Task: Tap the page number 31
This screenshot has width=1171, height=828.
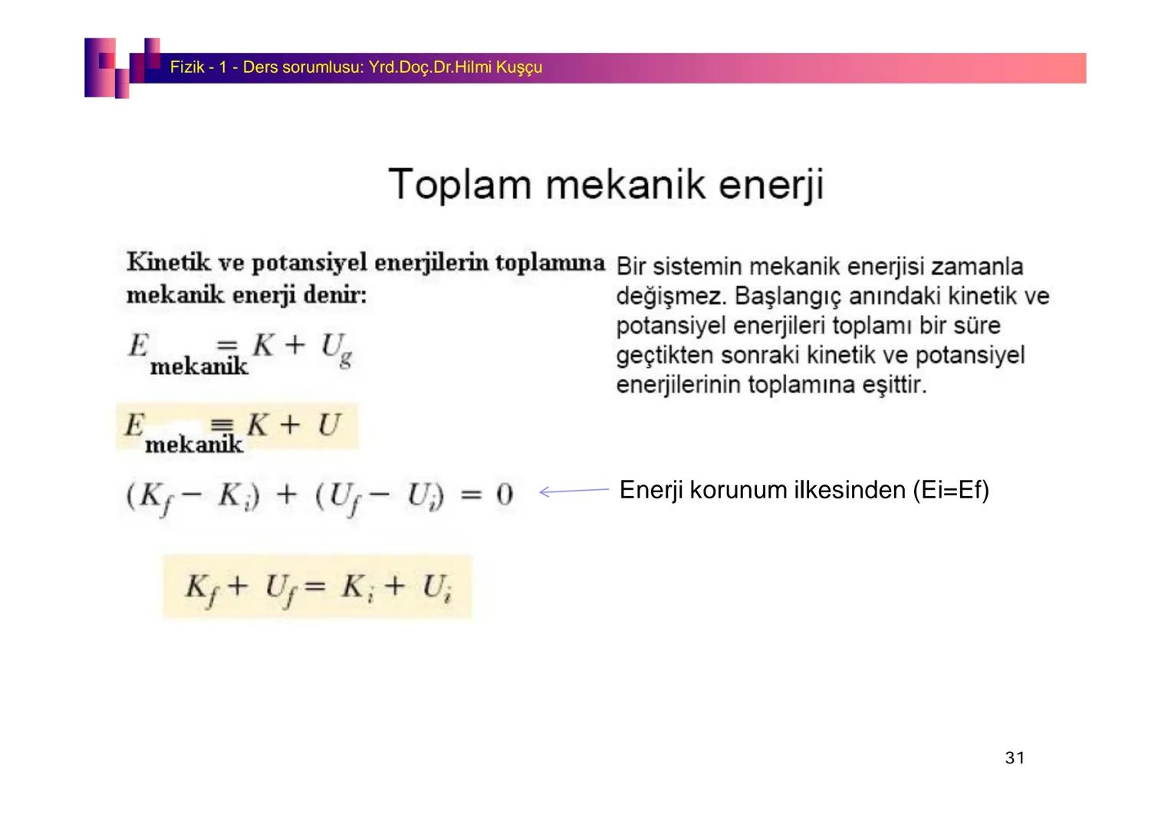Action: tap(1015, 758)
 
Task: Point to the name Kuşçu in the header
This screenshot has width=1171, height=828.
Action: tap(519, 67)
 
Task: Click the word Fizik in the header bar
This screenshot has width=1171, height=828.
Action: tap(186, 67)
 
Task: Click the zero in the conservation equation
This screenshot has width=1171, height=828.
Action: tap(504, 495)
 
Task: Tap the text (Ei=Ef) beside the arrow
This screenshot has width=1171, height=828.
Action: tap(951, 490)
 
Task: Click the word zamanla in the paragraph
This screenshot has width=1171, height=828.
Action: tap(977, 267)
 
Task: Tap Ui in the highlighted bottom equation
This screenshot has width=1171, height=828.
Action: tap(437, 589)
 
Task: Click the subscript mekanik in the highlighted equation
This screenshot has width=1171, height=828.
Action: tap(194, 444)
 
